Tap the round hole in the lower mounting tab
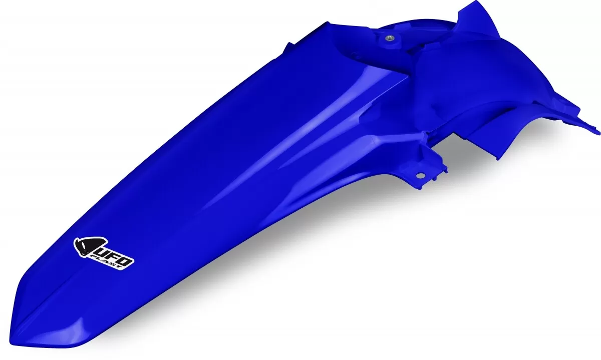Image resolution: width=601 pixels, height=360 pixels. (421, 175)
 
